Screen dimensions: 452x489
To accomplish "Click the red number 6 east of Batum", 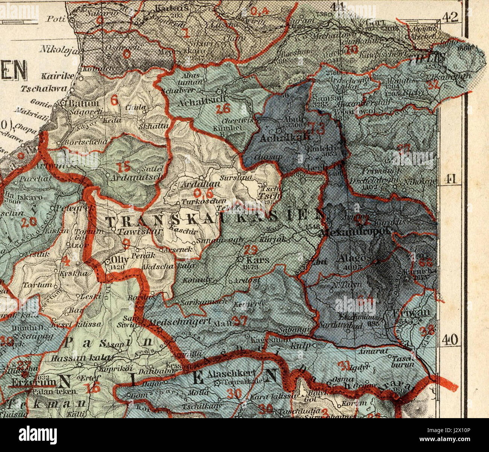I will point(115,99).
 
